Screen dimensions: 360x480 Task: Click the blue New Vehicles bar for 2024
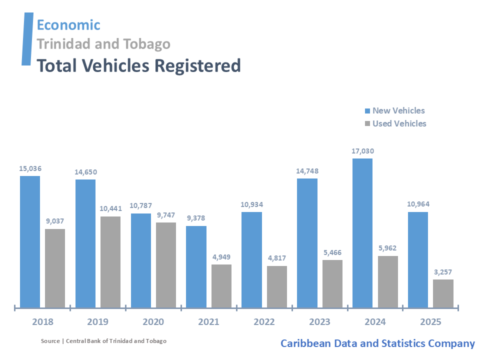[x=362, y=233]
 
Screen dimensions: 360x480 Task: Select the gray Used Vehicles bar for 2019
[x=110, y=262]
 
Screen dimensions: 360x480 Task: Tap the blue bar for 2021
[x=196, y=266]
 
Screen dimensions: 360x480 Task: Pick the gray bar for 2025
[x=443, y=293]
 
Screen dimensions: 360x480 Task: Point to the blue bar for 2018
[x=30, y=241]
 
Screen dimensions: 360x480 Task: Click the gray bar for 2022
[x=276, y=286]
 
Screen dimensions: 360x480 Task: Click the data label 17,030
[x=362, y=151]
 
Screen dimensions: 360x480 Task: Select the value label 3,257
[x=443, y=272]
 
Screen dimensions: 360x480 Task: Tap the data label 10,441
[x=110, y=208]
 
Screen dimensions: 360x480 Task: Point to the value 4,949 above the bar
[x=221, y=257]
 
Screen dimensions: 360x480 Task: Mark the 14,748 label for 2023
[x=307, y=171]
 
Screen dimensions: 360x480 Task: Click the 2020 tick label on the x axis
[x=153, y=322]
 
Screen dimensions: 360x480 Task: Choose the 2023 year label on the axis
[x=319, y=322]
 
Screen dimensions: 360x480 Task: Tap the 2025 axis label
[x=430, y=322]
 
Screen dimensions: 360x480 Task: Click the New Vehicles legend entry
[x=398, y=111]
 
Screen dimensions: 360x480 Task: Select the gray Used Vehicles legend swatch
[x=367, y=123]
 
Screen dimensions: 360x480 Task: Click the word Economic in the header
[x=68, y=24]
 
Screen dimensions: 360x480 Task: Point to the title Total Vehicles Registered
[x=138, y=65]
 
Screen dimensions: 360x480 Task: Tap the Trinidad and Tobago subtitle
[x=103, y=44]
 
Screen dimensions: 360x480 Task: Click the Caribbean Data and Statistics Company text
[x=377, y=343]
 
